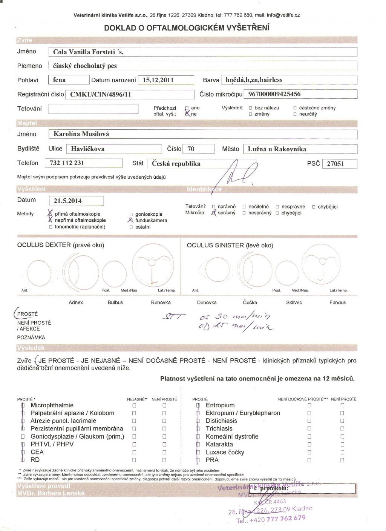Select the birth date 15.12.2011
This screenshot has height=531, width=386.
156,80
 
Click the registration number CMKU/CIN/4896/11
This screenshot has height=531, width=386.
101,94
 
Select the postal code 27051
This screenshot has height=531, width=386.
335,164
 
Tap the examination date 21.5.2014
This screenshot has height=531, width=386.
68,201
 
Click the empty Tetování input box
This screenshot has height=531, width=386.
93,109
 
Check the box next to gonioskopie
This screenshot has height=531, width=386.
131,214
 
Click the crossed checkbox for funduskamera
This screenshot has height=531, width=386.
131,220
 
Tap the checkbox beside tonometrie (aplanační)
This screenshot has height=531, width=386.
51,227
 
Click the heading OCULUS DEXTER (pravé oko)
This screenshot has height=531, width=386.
61,245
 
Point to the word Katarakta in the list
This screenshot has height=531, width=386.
219,444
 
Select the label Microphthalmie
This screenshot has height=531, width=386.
52,405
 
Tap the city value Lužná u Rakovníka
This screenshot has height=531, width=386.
277,149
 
